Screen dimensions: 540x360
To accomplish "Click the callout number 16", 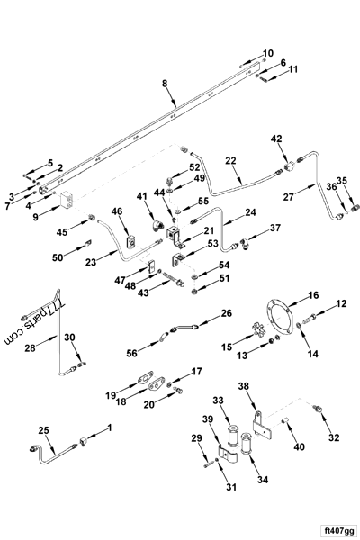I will [x=313, y=295].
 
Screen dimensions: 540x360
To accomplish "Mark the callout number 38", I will [x=243, y=386].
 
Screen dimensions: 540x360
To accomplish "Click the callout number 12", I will [x=340, y=305].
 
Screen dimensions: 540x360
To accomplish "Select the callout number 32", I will [x=334, y=438].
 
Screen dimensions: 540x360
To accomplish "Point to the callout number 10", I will [x=267, y=53].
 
